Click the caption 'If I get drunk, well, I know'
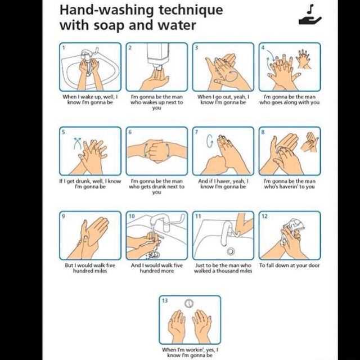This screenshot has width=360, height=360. [90, 182]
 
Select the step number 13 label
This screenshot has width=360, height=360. [165, 300]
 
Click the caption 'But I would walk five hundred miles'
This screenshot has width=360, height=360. [90, 268]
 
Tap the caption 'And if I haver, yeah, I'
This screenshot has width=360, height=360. [223, 182]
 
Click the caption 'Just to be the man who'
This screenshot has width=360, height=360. [223, 265]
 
